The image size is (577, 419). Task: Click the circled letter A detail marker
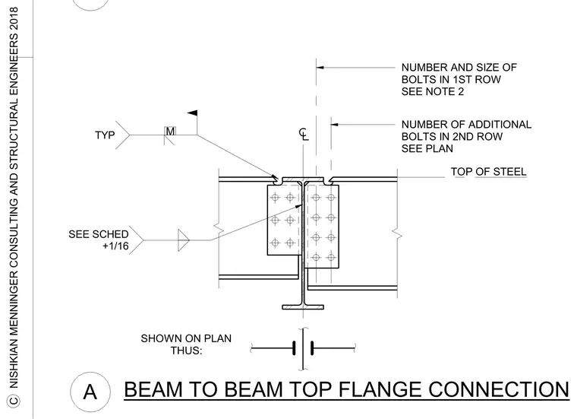pyautogui.click(x=90, y=392)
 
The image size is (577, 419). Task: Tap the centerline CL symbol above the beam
pyautogui.click(x=304, y=134)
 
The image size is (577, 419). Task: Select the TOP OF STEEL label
pyautogui.click(x=489, y=172)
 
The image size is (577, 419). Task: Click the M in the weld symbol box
pyautogui.click(x=170, y=132)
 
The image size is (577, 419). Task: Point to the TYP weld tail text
pyautogui.click(x=105, y=135)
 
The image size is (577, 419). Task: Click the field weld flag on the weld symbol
pyautogui.click(x=193, y=113)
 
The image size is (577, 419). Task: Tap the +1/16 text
pyautogui.click(x=115, y=246)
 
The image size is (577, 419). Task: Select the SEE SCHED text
pyautogui.click(x=99, y=234)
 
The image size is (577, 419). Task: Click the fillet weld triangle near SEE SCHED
pyautogui.click(x=183, y=240)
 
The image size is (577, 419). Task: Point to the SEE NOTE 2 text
pyautogui.click(x=433, y=91)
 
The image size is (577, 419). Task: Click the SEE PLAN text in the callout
pyautogui.click(x=427, y=148)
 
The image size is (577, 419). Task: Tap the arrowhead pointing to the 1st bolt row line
pyautogui.click(x=320, y=68)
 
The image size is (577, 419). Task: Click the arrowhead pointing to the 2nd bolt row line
pyautogui.click(x=335, y=125)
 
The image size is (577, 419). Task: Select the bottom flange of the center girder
pyautogui.click(x=303, y=307)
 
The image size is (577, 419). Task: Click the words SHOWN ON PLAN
pyautogui.click(x=186, y=338)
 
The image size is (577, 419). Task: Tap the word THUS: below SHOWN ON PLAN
pyautogui.click(x=186, y=350)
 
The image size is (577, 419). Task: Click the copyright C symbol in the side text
pyautogui.click(x=14, y=401)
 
